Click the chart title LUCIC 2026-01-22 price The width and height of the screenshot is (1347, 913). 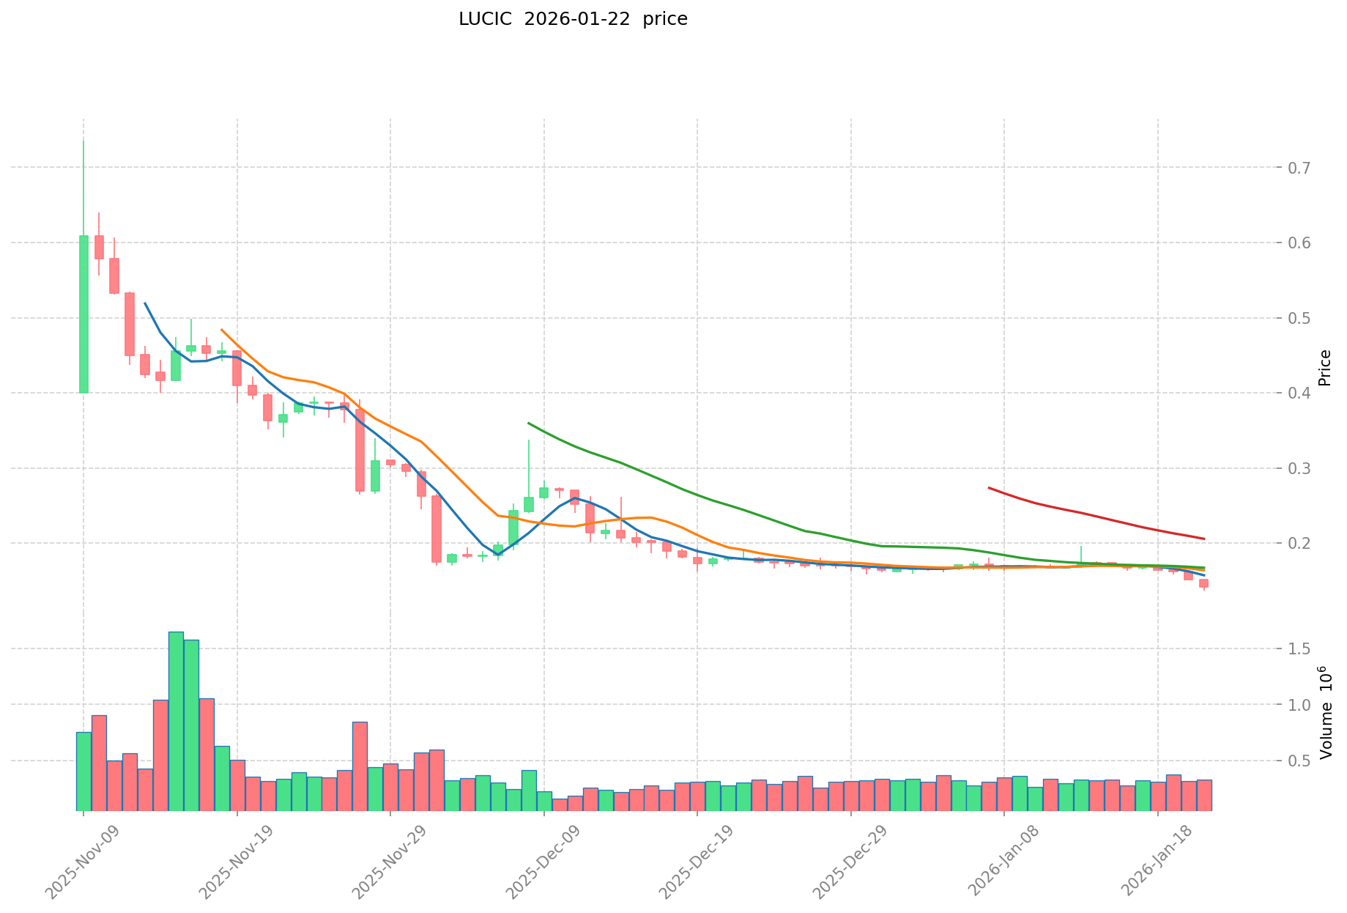pyautogui.click(x=573, y=20)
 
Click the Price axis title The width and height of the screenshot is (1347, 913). pyautogui.click(x=1324, y=368)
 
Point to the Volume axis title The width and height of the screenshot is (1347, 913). pyautogui.click(x=1324, y=713)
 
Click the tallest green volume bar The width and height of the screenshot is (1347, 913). pyautogui.click(x=176, y=721)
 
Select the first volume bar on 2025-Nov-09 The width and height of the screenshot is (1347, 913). pyautogui.click(x=84, y=771)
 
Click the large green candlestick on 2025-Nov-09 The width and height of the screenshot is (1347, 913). pyautogui.click(x=84, y=314)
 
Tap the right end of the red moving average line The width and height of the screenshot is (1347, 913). pyautogui.click(x=1204, y=539)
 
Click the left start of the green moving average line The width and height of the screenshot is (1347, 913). pyautogui.click(x=528, y=423)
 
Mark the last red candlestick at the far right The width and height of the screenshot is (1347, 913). pyautogui.click(x=1203, y=583)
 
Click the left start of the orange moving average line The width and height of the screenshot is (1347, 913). pyautogui.click(x=221, y=329)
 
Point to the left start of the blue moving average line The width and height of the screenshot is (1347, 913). pyautogui.click(x=144, y=303)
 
